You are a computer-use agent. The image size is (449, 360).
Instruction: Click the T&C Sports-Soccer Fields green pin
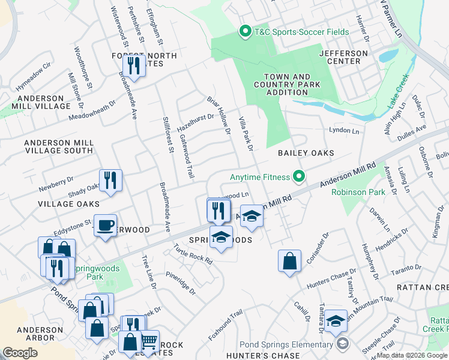[245, 32]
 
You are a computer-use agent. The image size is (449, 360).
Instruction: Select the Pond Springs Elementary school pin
[342, 344]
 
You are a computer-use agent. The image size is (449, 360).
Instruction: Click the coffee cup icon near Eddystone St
[106, 226]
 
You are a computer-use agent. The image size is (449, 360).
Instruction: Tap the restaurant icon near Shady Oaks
[110, 181]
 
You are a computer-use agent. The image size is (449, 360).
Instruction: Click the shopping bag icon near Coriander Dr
[289, 261]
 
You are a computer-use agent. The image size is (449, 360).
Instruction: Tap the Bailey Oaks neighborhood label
[306, 154]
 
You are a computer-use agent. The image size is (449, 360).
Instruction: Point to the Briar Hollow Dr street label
[219, 114]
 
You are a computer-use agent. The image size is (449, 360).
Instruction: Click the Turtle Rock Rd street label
[193, 254]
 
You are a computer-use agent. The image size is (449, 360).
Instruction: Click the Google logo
[20, 353]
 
